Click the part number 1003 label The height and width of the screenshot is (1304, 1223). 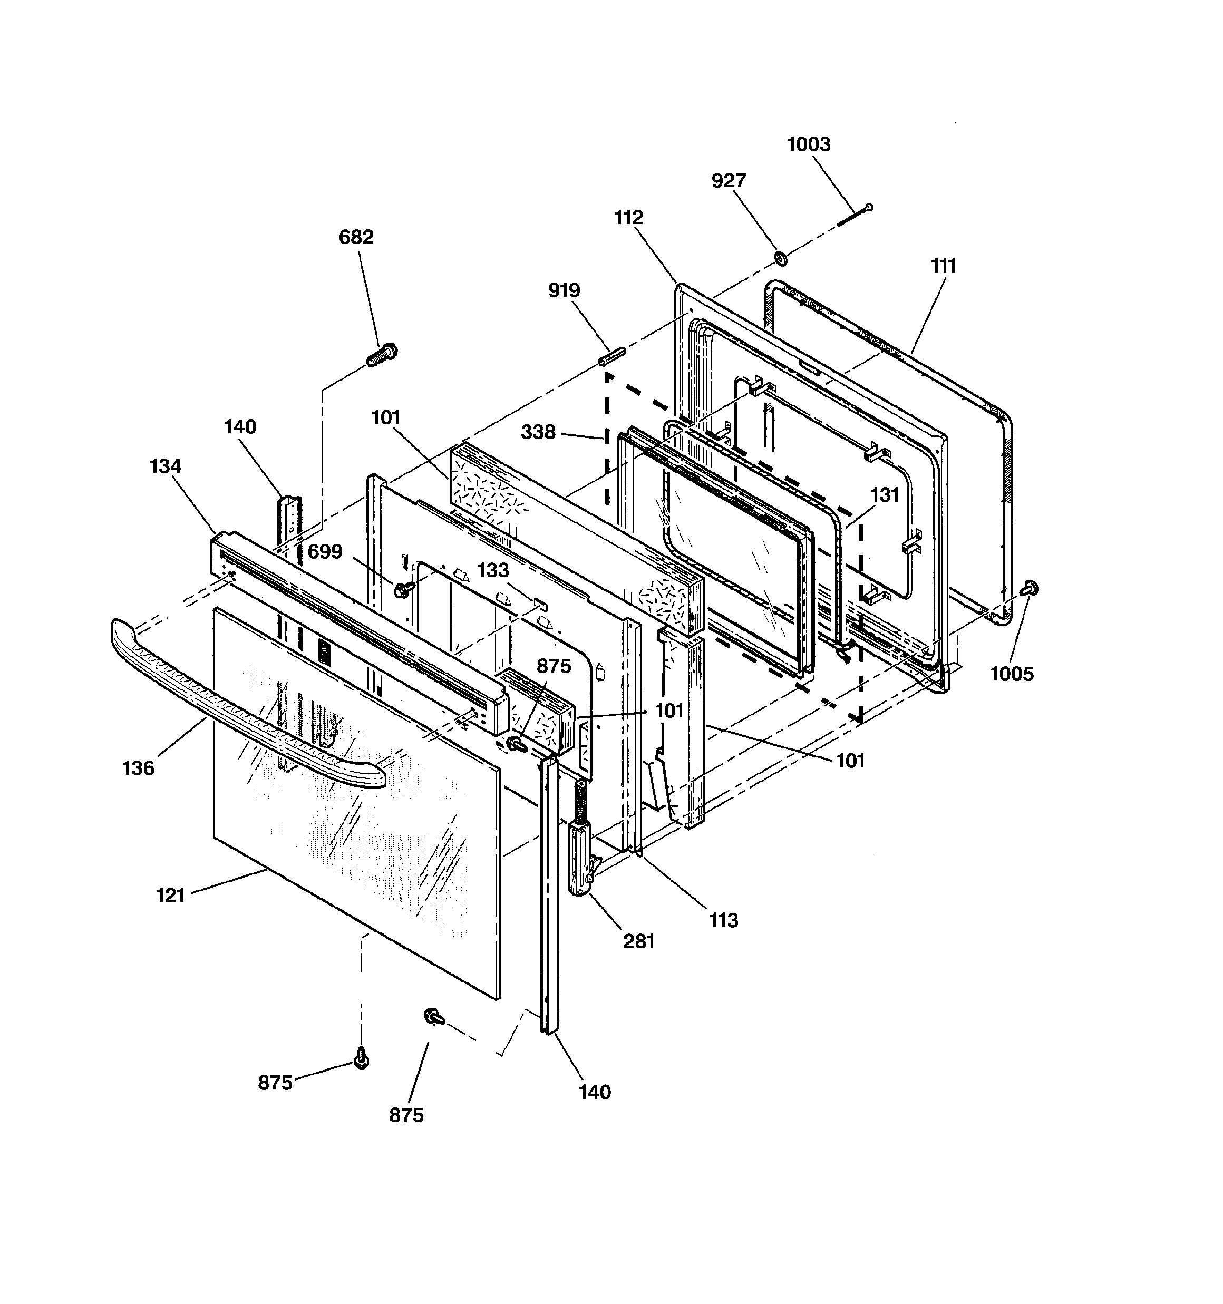808,144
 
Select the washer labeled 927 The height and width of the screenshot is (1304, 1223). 781,258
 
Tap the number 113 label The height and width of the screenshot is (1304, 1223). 724,920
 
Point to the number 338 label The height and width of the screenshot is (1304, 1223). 538,432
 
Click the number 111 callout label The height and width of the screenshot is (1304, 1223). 943,266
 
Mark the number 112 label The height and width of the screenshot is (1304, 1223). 628,217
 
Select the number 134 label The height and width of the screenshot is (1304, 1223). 166,466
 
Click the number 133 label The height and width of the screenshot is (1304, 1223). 493,570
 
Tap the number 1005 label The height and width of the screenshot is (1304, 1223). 1011,674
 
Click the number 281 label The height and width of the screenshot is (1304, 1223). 638,941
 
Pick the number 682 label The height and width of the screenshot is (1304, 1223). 356,237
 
